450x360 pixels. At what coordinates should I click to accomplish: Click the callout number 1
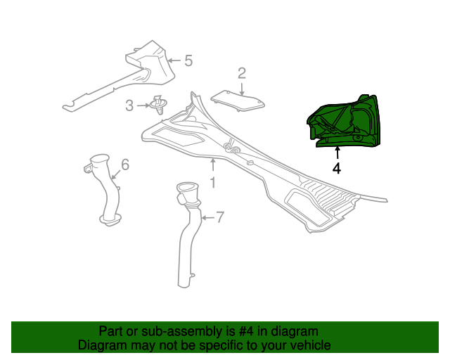(212, 182)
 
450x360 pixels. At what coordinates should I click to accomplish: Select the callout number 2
(242, 74)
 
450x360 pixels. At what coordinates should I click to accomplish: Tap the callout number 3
(129, 105)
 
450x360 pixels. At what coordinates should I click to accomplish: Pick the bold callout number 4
(337, 169)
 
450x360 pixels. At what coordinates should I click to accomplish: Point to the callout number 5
(188, 60)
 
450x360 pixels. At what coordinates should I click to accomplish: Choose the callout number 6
(125, 165)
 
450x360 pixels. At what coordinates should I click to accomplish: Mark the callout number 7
(219, 217)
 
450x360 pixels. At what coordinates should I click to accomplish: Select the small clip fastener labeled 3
(159, 105)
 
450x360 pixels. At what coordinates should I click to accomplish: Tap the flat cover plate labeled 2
(238, 100)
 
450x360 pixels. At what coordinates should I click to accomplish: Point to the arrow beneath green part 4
(337, 153)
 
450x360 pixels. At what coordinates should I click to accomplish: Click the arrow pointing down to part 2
(242, 89)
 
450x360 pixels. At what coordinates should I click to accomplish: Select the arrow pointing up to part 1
(212, 165)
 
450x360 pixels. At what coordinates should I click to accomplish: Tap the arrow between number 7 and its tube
(208, 218)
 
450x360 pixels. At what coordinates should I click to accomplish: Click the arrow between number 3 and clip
(143, 105)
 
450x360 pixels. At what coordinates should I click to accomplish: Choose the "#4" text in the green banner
(246, 332)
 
